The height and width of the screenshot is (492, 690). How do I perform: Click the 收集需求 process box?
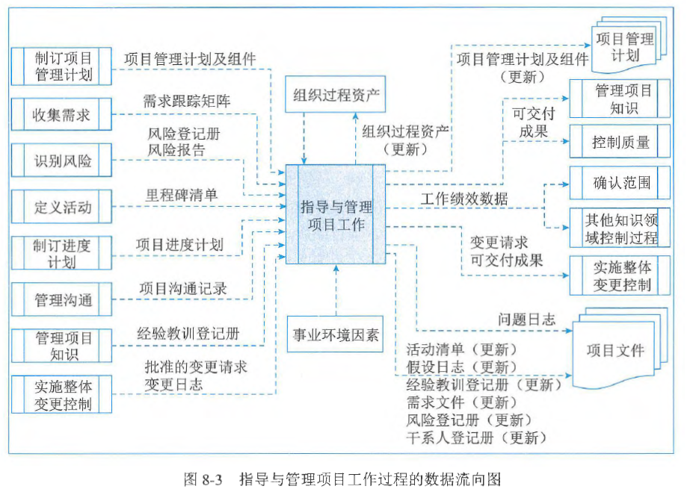pos(62,115)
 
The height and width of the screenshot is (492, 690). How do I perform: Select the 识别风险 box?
pos(62,161)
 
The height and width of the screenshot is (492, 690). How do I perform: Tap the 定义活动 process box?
pos(62,207)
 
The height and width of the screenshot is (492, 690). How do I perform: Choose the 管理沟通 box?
pos(62,299)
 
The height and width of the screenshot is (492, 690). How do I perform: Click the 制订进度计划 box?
pos(62,253)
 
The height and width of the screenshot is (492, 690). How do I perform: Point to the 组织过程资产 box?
pos(336,95)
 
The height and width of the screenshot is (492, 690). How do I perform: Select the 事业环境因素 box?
pos(336,334)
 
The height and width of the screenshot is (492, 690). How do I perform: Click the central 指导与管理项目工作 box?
pos(336,215)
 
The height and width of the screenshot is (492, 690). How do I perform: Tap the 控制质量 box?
pos(620,142)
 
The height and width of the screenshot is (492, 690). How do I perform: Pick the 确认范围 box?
pos(620,183)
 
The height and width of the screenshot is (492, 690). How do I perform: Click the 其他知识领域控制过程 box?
pos(620,228)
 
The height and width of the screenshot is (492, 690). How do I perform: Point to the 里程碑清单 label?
pos(182,195)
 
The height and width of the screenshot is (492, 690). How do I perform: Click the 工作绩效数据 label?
pos(464,199)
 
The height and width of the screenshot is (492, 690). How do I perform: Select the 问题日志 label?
pos(527,319)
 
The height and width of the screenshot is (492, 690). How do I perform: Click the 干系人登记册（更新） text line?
pos(476,437)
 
